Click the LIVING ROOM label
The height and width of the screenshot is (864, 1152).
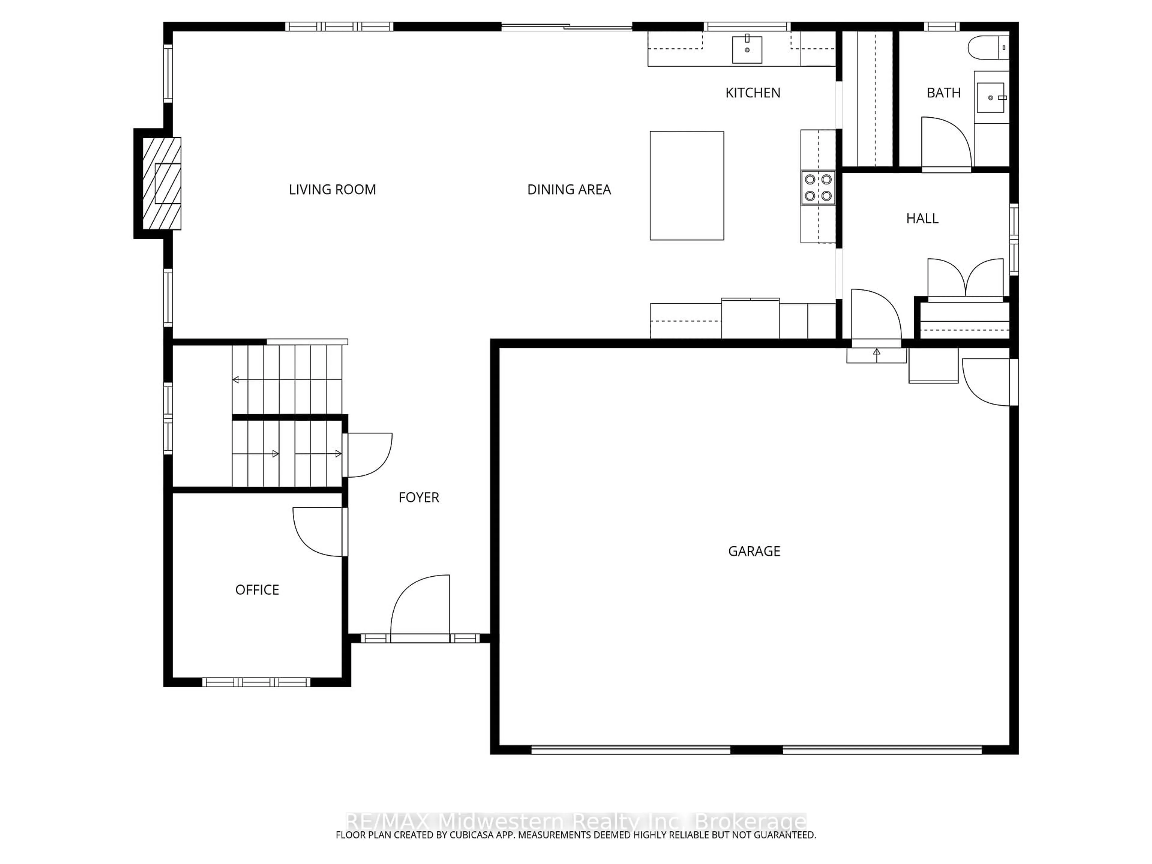coord(332,190)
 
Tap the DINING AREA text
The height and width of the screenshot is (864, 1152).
coord(569,190)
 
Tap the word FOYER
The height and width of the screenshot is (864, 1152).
coord(419,497)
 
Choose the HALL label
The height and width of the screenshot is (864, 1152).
coord(922,218)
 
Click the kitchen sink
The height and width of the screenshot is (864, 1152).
coord(747,49)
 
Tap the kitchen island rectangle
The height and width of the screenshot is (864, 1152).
coord(686,185)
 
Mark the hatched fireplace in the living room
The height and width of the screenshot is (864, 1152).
coord(162,183)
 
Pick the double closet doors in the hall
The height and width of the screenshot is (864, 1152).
coord(965,279)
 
